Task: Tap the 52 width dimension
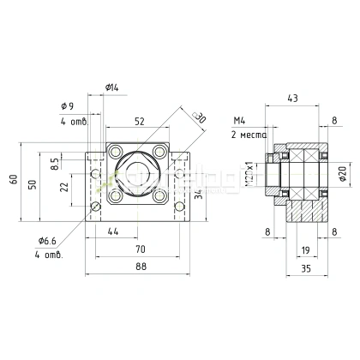coord(138,121)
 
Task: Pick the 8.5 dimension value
coord(56,160)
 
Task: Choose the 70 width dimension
coord(140,249)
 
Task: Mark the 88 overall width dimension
coord(140,267)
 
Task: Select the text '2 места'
coord(248,135)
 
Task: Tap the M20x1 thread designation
coord(250,177)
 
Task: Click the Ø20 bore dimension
coord(342,176)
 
